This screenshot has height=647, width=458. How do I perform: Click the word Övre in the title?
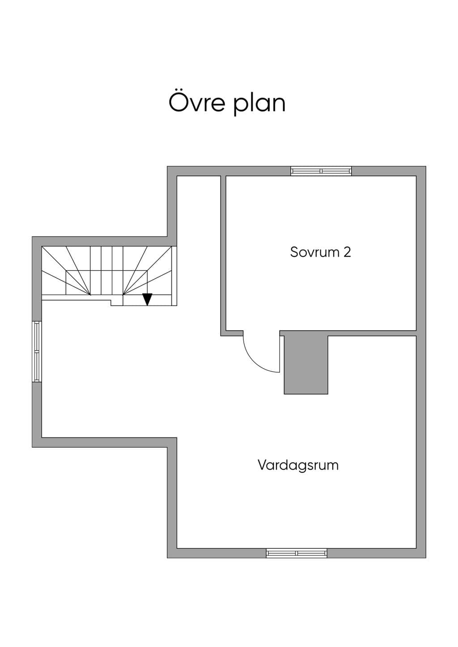pos(197,102)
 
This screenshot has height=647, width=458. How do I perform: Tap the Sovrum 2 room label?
pos(320,252)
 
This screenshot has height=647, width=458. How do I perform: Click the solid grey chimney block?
pos(306,365)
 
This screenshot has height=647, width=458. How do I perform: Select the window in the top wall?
pos(321,171)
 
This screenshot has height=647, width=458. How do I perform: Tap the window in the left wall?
pos(37,352)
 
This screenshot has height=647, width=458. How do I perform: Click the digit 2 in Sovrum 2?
pos(347,252)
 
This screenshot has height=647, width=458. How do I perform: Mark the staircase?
pos(109,276)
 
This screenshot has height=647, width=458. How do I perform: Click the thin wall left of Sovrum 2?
pos(223,256)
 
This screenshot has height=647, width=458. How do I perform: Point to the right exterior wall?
pos(421,362)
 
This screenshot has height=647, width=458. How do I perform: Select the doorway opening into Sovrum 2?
pos(261,333)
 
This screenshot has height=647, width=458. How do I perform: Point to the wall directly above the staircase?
pos(100,241)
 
